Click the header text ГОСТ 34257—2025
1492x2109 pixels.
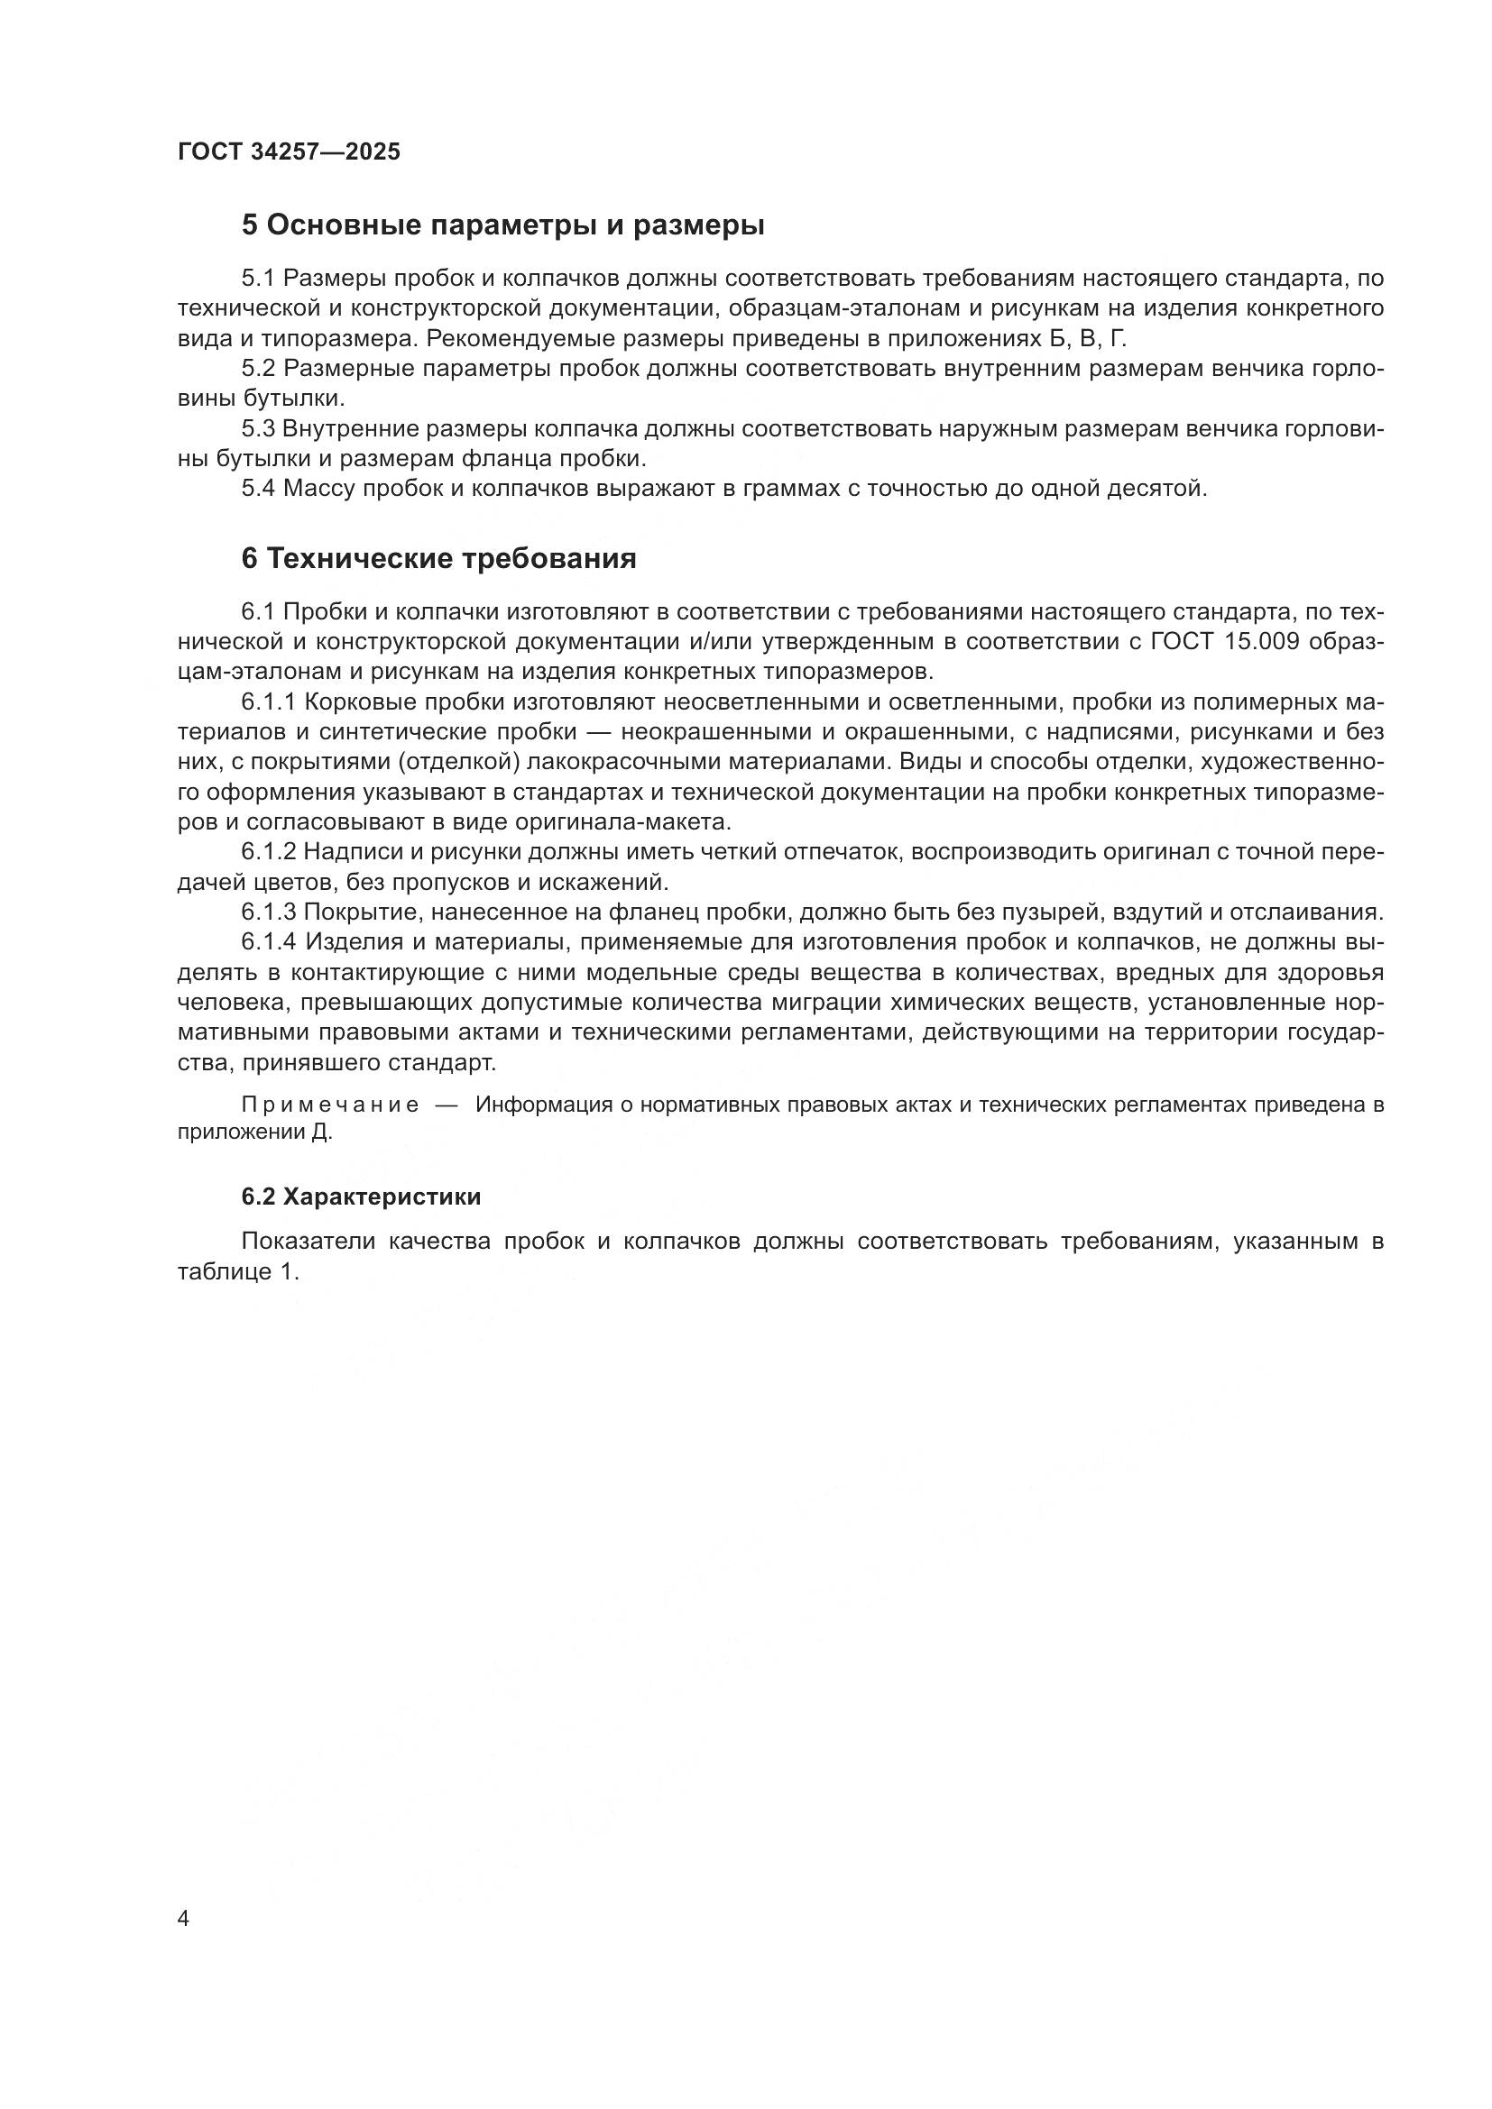tap(289, 152)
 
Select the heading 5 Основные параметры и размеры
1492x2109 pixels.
tap(502, 225)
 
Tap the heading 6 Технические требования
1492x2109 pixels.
tap(438, 558)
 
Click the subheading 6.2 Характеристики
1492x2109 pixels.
tap(361, 1197)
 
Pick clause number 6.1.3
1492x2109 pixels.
tap(269, 912)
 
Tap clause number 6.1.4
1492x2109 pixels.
tap(269, 942)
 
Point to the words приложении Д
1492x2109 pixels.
tap(253, 1132)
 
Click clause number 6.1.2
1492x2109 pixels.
tap(269, 852)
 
